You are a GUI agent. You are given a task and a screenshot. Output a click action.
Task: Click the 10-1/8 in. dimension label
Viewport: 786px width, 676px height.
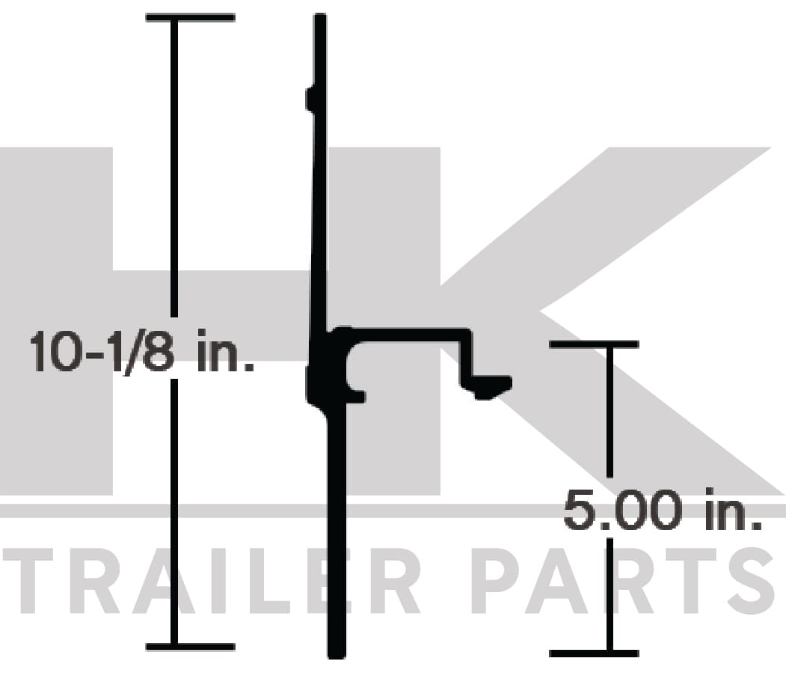click(142, 350)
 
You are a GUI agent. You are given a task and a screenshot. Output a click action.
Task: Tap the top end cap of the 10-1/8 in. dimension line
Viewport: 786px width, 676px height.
click(191, 17)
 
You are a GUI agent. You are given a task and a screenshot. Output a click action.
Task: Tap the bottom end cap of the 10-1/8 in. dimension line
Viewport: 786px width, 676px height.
click(191, 647)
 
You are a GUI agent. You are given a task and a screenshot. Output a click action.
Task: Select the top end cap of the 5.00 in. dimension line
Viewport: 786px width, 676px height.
click(594, 344)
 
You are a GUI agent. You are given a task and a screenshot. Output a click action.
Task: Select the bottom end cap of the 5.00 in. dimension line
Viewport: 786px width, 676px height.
click(594, 654)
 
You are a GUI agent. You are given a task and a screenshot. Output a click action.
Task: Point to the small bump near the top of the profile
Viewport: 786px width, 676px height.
click(310, 98)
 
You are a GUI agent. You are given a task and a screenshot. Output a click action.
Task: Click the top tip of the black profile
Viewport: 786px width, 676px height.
click(320, 15)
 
